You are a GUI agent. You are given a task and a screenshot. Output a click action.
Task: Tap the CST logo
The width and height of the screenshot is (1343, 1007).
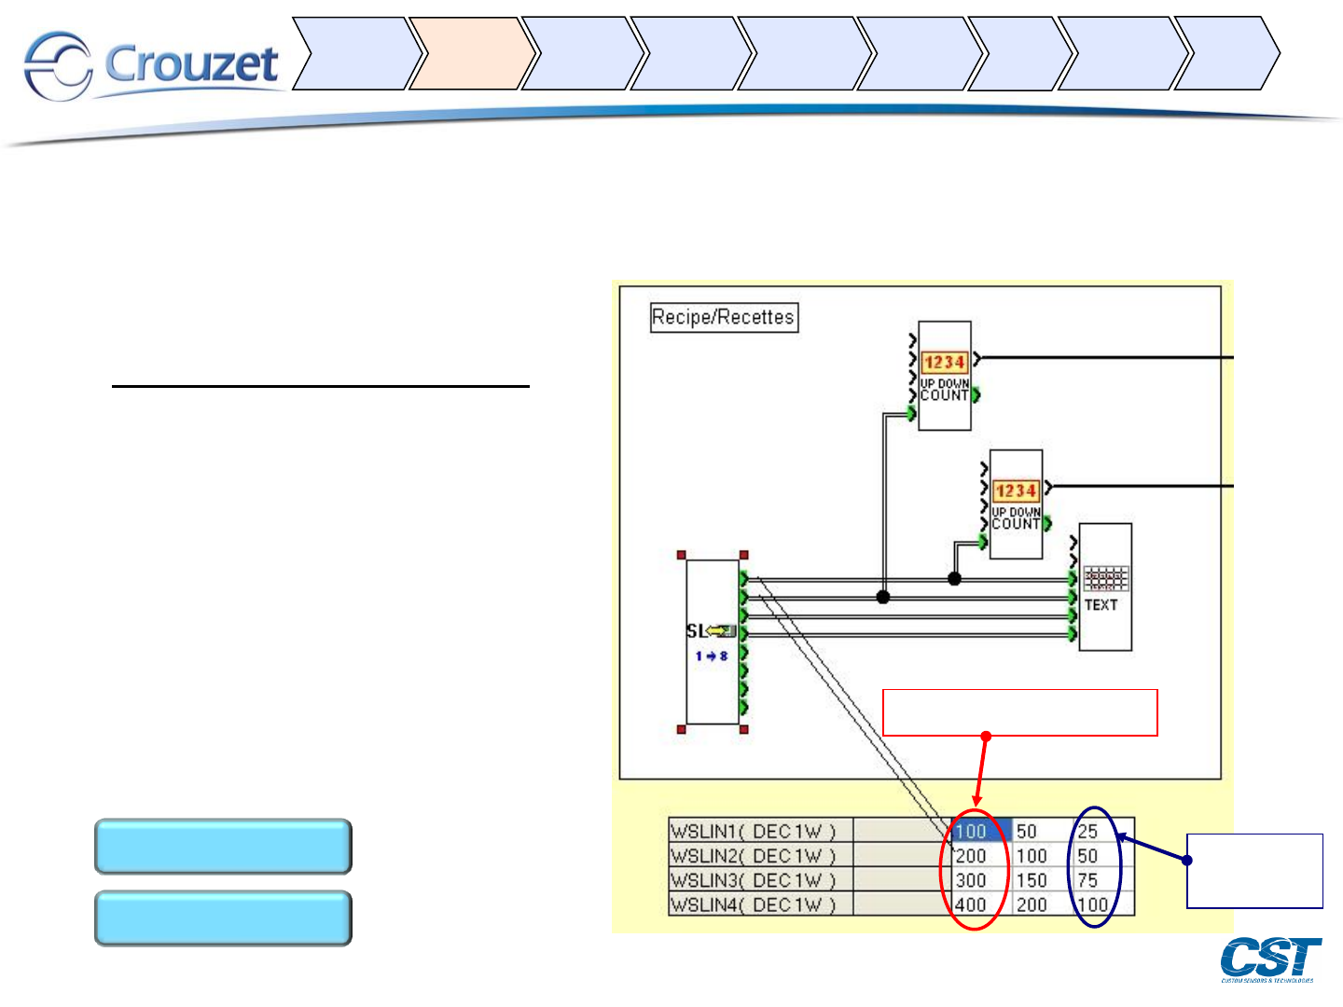coord(1270,959)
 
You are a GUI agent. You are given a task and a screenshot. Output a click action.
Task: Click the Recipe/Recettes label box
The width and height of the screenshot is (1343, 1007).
coord(724,318)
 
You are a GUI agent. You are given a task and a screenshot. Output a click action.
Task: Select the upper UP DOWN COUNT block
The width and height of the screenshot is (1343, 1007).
coord(945,376)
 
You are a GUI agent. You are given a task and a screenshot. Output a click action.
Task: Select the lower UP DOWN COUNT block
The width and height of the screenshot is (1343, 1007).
coord(1016,504)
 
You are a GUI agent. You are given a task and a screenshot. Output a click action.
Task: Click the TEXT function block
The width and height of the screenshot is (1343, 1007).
coord(1105,587)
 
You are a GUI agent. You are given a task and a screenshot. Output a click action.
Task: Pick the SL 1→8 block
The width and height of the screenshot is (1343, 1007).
coord(713,641)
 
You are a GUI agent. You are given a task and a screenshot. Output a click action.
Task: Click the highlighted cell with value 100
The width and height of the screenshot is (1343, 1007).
coord(980,831)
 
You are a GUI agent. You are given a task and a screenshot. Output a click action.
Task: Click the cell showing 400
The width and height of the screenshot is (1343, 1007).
coord(972,904)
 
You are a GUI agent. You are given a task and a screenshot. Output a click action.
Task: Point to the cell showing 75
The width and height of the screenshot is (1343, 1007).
coord(1088,880)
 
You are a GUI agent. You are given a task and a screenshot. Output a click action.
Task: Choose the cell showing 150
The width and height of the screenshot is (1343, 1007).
coord(1031,880)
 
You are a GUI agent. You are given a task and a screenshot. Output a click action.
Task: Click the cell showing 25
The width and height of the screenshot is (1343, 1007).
coord(1088,831)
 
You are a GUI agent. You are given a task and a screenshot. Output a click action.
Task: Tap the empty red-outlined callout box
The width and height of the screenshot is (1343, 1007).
coord(1019,712)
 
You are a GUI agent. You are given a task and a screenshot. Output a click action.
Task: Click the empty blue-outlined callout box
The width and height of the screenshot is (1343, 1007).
coord(1254,871)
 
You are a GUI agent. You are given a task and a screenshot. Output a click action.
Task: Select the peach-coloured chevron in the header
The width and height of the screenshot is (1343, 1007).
coord(472,53)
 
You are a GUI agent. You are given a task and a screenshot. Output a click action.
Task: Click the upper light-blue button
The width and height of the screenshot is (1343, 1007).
coord(223,847)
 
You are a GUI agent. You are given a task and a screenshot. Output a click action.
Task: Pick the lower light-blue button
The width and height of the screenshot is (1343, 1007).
coord(223,918)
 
